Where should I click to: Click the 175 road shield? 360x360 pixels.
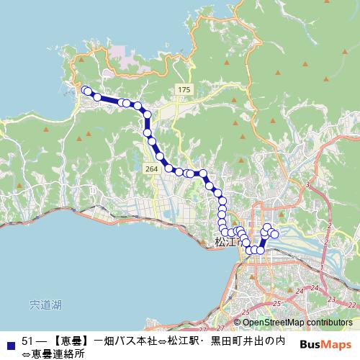[184, 89]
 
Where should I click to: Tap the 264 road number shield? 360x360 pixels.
[150, 168]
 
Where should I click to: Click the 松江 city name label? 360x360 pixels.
[225, 242]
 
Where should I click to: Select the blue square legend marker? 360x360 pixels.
[9, 340]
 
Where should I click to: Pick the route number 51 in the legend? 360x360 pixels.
[28, 340]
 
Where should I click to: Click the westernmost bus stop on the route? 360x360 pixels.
[85, 90]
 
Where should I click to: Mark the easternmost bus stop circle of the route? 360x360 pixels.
[274, 234]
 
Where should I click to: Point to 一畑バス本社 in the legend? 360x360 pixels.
[125, 340]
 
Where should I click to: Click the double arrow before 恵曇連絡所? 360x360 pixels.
[27, 353]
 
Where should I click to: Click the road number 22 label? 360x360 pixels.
[351, 305]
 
